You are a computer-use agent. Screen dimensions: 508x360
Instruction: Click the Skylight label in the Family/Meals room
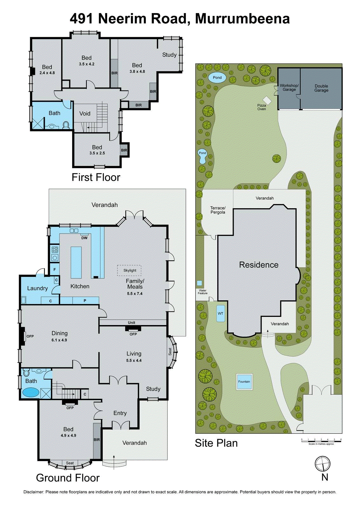point(130,271)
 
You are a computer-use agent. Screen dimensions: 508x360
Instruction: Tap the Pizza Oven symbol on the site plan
point(268,100)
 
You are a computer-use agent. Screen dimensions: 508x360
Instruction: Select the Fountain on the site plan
point(244,382)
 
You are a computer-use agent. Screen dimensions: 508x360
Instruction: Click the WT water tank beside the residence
point(221,313)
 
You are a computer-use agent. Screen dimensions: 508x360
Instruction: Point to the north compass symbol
point(323,464)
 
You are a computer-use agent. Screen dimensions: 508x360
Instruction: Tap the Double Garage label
point(321,88)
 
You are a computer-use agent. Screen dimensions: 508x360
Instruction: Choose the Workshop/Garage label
point(289,88)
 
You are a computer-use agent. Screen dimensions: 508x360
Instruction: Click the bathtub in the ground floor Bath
point(31,392)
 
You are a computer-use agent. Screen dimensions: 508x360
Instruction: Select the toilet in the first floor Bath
point(66,125)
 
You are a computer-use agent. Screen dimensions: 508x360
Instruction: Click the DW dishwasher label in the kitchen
point(84,238)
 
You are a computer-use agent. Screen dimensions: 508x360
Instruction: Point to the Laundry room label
point(37,288)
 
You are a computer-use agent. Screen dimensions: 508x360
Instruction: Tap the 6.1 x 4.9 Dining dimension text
point(59,340)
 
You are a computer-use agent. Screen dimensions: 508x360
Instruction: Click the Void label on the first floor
point(85,114)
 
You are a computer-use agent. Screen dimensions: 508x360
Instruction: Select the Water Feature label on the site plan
point(203,292)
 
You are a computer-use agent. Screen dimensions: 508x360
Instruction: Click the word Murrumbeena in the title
point(242,19)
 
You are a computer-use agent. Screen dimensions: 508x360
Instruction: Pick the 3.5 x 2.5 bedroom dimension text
point(97,153)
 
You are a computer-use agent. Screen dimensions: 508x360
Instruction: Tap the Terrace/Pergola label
point(218,210)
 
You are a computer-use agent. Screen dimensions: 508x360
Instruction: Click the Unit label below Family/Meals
point(132,323)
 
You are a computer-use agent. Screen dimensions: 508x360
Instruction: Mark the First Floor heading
point(96,177)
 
